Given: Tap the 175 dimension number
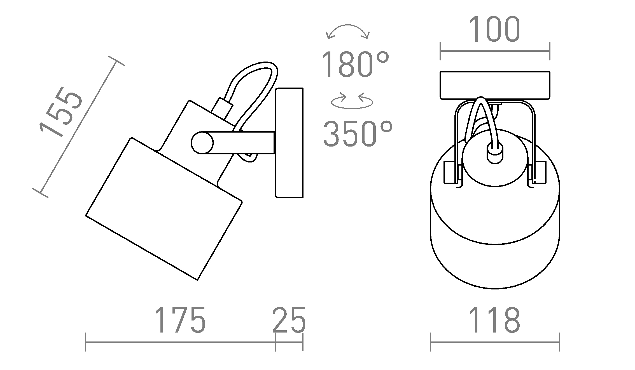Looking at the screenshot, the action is coord(180,320).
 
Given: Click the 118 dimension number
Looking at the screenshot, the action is coord(494,320).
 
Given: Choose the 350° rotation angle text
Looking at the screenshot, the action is coord(358,134).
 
